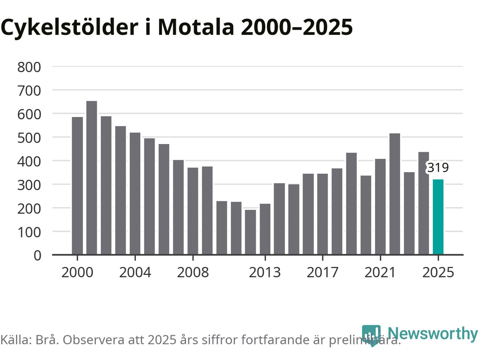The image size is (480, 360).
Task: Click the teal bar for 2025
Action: pos(438,217)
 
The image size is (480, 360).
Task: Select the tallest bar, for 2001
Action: pos(91,178)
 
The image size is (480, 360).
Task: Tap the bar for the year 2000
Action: pos(77,186)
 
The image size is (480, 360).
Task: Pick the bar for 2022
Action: pos(394,194)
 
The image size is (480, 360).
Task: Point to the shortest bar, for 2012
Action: pos(250,232)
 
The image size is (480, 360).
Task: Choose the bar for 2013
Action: pos(265,229)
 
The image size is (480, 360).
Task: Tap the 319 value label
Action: pos(438,168)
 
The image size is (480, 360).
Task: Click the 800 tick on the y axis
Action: pos(29,67)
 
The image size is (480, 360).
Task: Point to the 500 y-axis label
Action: pos(29,138)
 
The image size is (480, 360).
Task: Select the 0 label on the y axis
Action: pos(37,255)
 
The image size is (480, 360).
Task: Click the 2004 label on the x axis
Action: pos(135,272)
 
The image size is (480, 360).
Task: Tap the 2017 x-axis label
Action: pos(322,272)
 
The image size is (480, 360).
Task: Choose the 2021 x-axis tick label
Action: pos(380,272)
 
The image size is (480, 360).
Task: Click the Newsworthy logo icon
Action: pos(371,335)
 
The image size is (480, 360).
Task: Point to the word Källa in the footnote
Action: pos(15,340)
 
